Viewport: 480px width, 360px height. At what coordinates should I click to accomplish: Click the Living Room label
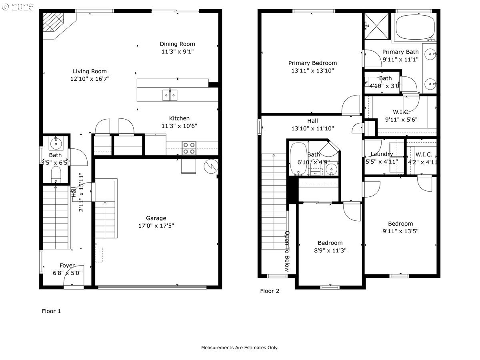click(90, 72)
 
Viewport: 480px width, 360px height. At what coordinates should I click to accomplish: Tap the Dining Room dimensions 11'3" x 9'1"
click(177, 52)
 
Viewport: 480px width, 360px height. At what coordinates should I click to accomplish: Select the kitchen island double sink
click(170, 95)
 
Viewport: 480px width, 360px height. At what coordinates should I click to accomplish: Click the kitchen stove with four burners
click(189, 148)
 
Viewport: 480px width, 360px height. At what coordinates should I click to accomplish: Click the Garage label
click(156, 218)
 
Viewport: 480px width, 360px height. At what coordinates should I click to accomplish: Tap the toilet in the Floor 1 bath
click(56, 174)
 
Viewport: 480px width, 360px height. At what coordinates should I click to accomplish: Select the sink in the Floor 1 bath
click(56, 142)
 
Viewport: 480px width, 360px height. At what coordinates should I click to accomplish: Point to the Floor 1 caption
click(52, 311)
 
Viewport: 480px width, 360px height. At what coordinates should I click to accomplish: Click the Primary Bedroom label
click(312, 63)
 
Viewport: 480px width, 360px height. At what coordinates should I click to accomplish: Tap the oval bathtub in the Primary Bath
click(414, 26)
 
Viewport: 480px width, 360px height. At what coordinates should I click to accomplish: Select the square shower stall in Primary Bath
click(377, 26)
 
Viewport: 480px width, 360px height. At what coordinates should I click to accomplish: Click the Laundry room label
click(382, 154)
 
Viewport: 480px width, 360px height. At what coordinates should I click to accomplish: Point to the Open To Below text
click(287, 251)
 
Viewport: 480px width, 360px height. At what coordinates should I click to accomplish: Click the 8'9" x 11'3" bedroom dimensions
click(330, 250)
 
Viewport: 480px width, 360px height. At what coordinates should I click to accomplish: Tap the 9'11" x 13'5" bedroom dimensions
click(400, 231)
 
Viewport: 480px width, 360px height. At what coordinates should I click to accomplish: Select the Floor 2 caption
click(270, 291)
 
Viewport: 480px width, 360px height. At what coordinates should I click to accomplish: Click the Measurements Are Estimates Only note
click(240, 348)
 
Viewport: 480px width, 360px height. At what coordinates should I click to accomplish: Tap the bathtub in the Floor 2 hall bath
click(297, 159)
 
